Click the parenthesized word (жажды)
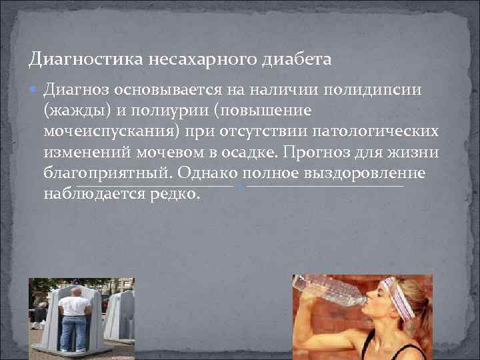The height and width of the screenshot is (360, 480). point(73,110)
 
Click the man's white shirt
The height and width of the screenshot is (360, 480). point(74,305)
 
